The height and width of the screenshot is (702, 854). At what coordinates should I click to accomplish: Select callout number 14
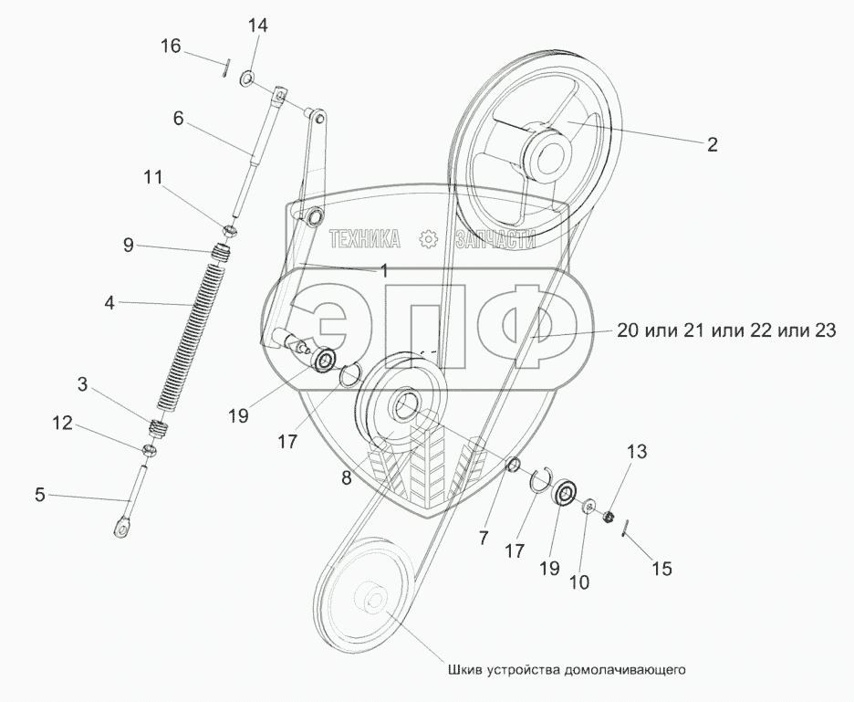click(x=258, y=26)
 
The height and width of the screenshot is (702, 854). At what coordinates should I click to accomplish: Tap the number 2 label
click(x=713, y=143)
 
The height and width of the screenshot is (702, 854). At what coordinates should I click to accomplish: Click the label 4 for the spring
click(x=109, y=300)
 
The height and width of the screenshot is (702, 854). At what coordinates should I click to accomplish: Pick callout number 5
click(x=38, y=496)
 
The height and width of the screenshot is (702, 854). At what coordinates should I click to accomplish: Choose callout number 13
click(x=636, y=451)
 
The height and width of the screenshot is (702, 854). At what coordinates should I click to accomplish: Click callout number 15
click(x=661, y=568)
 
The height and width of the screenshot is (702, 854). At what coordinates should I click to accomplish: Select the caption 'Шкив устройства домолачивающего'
click(x=566, y=669)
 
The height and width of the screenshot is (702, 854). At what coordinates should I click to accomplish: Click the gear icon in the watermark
click(x=426, y=240)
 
